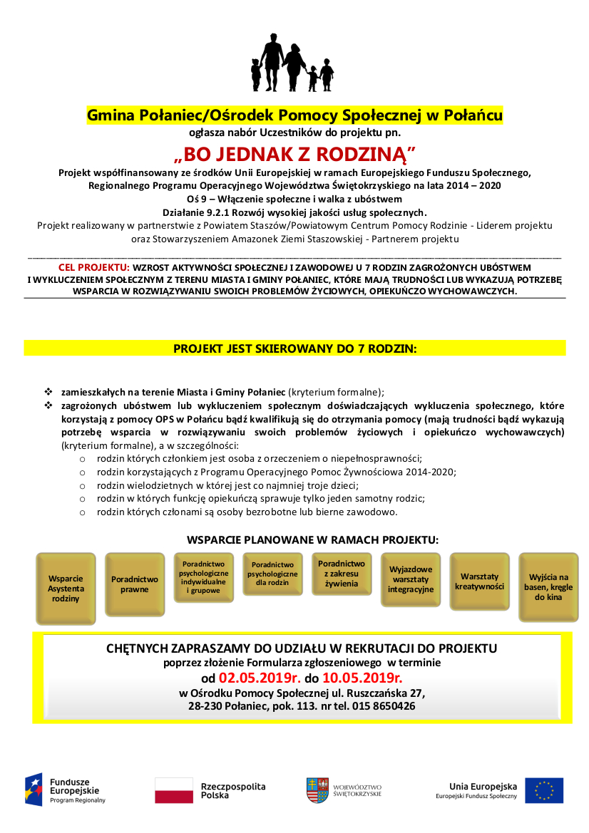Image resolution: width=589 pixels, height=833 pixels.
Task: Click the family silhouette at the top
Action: point(292,63)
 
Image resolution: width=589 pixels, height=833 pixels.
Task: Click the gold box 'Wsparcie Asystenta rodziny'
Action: point(66,589)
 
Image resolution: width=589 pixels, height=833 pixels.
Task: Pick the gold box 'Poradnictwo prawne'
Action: point(135,585)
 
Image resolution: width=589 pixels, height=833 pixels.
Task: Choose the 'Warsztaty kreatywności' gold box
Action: point(479,581)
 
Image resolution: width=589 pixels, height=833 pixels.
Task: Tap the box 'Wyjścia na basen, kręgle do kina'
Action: point(548,587)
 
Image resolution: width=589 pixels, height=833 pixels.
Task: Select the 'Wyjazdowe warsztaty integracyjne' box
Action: point(411,580)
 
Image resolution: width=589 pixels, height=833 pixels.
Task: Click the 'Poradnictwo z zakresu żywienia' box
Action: point(342,574)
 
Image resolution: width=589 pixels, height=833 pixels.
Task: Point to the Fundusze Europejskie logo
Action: point(66,790)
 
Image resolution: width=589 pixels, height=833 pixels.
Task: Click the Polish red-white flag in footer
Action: point(174,790)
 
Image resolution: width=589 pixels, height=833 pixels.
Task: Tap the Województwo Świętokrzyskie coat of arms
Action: point(317,790)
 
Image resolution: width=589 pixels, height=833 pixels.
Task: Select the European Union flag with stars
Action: point(544,790)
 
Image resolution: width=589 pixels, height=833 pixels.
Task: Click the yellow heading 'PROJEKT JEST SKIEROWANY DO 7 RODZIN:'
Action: point(294,348)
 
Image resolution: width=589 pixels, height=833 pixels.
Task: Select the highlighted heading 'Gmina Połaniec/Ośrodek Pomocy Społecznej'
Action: point(294,115)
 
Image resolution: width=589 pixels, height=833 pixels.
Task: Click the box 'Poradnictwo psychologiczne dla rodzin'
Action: point(273,574)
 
